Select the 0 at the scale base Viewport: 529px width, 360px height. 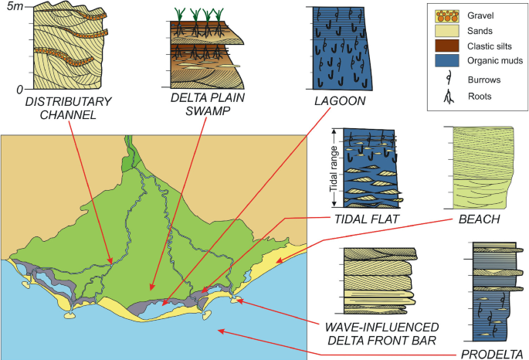tap(20, 91)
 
